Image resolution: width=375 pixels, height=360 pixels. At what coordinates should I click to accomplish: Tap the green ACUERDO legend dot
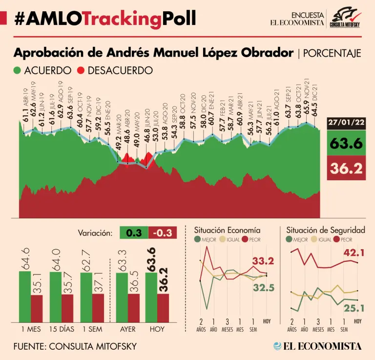click(x=18, y=70)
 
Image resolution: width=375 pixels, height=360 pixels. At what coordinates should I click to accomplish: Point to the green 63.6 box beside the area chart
click(x=346, y=144)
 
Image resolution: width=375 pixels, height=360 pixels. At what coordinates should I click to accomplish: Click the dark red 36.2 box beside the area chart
click(x=346, y=169)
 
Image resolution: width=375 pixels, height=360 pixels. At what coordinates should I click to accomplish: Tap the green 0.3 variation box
click(x=134, y=233)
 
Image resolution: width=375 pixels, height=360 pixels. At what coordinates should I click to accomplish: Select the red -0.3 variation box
click(x=162, y=233)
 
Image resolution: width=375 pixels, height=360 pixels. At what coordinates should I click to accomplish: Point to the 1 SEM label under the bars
click(x=93, y=329)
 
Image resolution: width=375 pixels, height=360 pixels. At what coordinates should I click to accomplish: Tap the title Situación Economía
click(x=227, y=230)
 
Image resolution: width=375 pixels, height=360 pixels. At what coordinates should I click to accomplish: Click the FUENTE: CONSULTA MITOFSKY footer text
click(x=75, y=346)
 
